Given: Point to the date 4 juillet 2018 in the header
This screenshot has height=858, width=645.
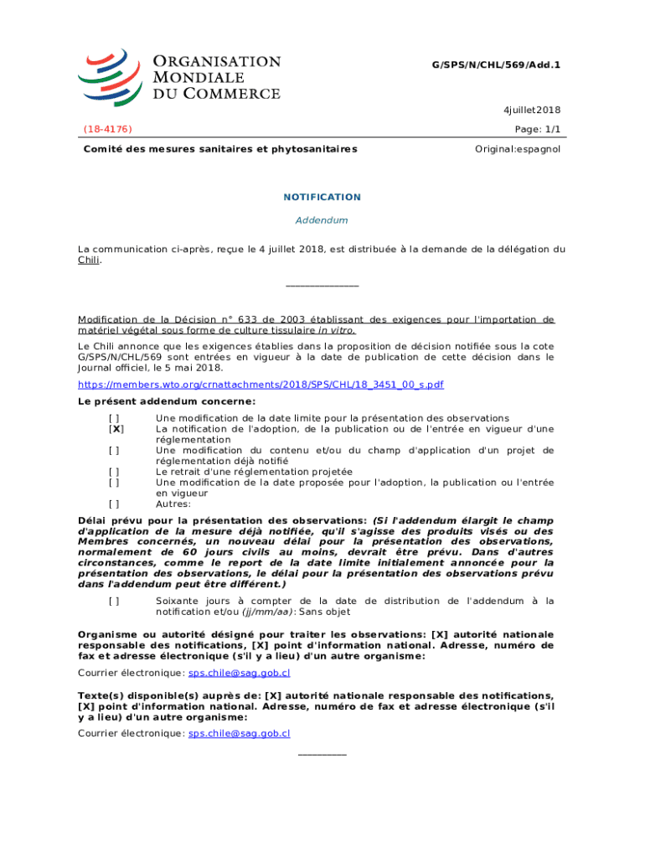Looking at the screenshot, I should point(532,110).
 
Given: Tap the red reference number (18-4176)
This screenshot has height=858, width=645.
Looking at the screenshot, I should point(107,129).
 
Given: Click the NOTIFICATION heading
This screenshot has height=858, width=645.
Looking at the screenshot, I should point(322,197).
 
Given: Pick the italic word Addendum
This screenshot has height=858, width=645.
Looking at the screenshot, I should point(322,220).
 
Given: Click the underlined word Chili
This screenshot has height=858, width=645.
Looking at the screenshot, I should point(89,261).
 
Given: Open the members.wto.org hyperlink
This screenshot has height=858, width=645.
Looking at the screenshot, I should point(261,385).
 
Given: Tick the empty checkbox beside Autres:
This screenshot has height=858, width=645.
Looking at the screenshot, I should point(114,504).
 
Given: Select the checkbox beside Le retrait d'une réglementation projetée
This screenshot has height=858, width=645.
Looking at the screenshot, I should point(114,472).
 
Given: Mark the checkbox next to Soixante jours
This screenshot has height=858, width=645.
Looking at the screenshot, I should point(114,601).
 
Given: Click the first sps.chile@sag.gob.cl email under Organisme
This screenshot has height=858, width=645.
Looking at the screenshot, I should point(239,673).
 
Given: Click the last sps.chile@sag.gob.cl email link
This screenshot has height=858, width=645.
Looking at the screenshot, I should point(239,733).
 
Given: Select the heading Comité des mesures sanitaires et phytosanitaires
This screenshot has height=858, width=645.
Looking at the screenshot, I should point(219,149).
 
